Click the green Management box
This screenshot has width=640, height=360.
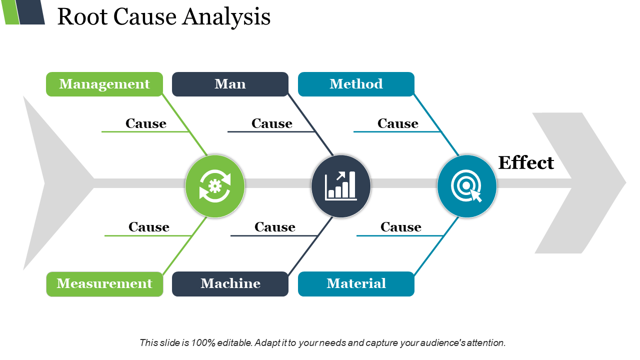point(104,84)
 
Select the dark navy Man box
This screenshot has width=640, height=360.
point(230,84)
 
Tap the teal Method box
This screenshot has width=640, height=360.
point(356,84)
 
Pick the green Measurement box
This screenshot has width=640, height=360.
point(104,284)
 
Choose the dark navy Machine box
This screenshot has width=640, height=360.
point(230,284)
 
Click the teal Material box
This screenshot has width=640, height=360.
point(356,284)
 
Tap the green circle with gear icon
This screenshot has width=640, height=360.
point(215,186)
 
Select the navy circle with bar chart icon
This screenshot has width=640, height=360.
point(341,186)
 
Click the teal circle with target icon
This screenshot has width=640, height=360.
point(467,186)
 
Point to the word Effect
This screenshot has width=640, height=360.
point(526,163)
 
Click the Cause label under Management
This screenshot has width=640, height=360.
point(146,123)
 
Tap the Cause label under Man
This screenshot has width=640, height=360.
point(272,123)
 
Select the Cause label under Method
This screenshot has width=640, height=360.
point(398,123)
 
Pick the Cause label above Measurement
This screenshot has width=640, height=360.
point(149,227)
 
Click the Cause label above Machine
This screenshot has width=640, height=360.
point(275,227)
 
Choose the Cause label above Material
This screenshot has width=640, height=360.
point(401,227)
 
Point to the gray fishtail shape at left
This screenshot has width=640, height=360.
point(50,183)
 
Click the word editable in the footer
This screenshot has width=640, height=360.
point(234,343)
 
